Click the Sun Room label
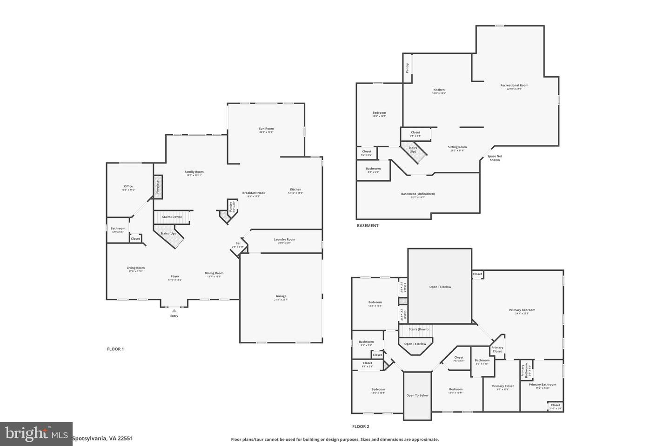click(266, 129)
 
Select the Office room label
click(128, 186)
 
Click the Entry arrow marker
click(174, 311)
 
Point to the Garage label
click(281, 296)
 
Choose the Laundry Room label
click(284, 240)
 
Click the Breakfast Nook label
click(254, 193)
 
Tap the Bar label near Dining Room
click(238, 243)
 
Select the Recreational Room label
click(514, 85)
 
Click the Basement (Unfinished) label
click(418, 194)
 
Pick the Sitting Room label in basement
click(457, 147)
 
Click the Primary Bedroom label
click(522, 310)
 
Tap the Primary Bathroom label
click(542, 385)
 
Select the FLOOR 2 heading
click(361, 426)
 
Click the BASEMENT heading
click(368, 226)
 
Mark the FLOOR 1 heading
click(115, 349)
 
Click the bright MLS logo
click(36, 434)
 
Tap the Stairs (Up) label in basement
click(413, 150)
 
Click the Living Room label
click(135, 268)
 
